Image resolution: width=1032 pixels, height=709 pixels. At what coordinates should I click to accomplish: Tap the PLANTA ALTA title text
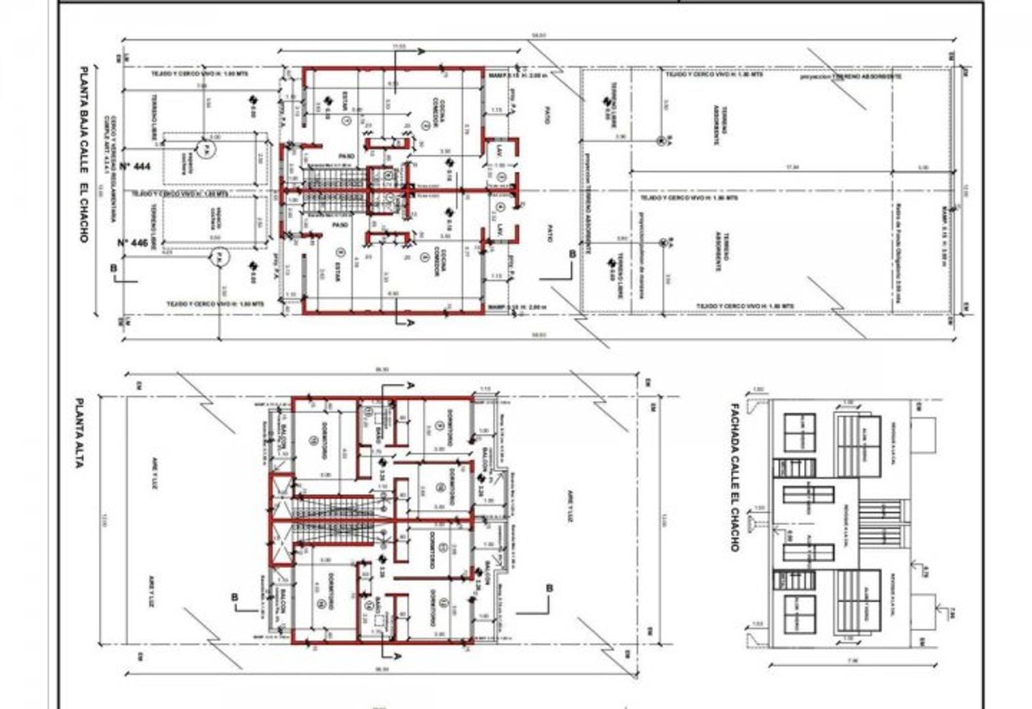79,433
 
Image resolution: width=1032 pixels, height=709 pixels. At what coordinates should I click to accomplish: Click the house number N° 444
135,166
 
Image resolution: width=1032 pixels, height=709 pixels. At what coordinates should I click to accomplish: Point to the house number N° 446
133,242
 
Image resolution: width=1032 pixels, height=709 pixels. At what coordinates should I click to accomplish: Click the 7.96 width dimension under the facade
855,661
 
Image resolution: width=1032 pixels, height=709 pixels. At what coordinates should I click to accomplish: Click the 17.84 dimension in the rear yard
792,167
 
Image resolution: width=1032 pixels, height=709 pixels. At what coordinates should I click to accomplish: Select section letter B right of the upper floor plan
549,588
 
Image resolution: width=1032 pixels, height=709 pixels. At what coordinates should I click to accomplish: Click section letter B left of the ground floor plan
114,268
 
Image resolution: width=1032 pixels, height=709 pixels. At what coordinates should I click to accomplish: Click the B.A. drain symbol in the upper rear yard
661,140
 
